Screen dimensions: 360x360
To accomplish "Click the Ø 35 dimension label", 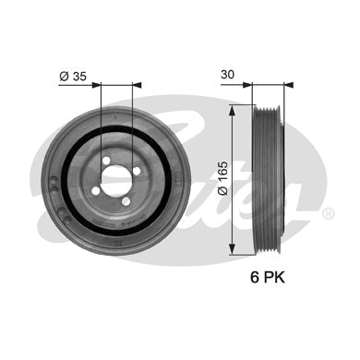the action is (x=73, y=77).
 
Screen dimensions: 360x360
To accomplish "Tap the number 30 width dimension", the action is (x=227, y=75).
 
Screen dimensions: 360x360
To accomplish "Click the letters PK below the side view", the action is (x=273, y=278).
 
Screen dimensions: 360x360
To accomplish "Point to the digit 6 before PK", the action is (x=255, y=278).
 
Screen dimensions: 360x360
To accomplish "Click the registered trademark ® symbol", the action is (x=329, y=213).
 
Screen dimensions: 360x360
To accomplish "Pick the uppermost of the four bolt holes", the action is (x=106, y=161).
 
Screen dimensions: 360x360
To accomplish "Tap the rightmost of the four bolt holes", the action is (x=137, y=171).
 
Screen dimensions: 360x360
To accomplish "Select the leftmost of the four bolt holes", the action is (x=96, y=191).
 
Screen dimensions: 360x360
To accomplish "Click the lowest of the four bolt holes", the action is (x=126, y=201).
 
